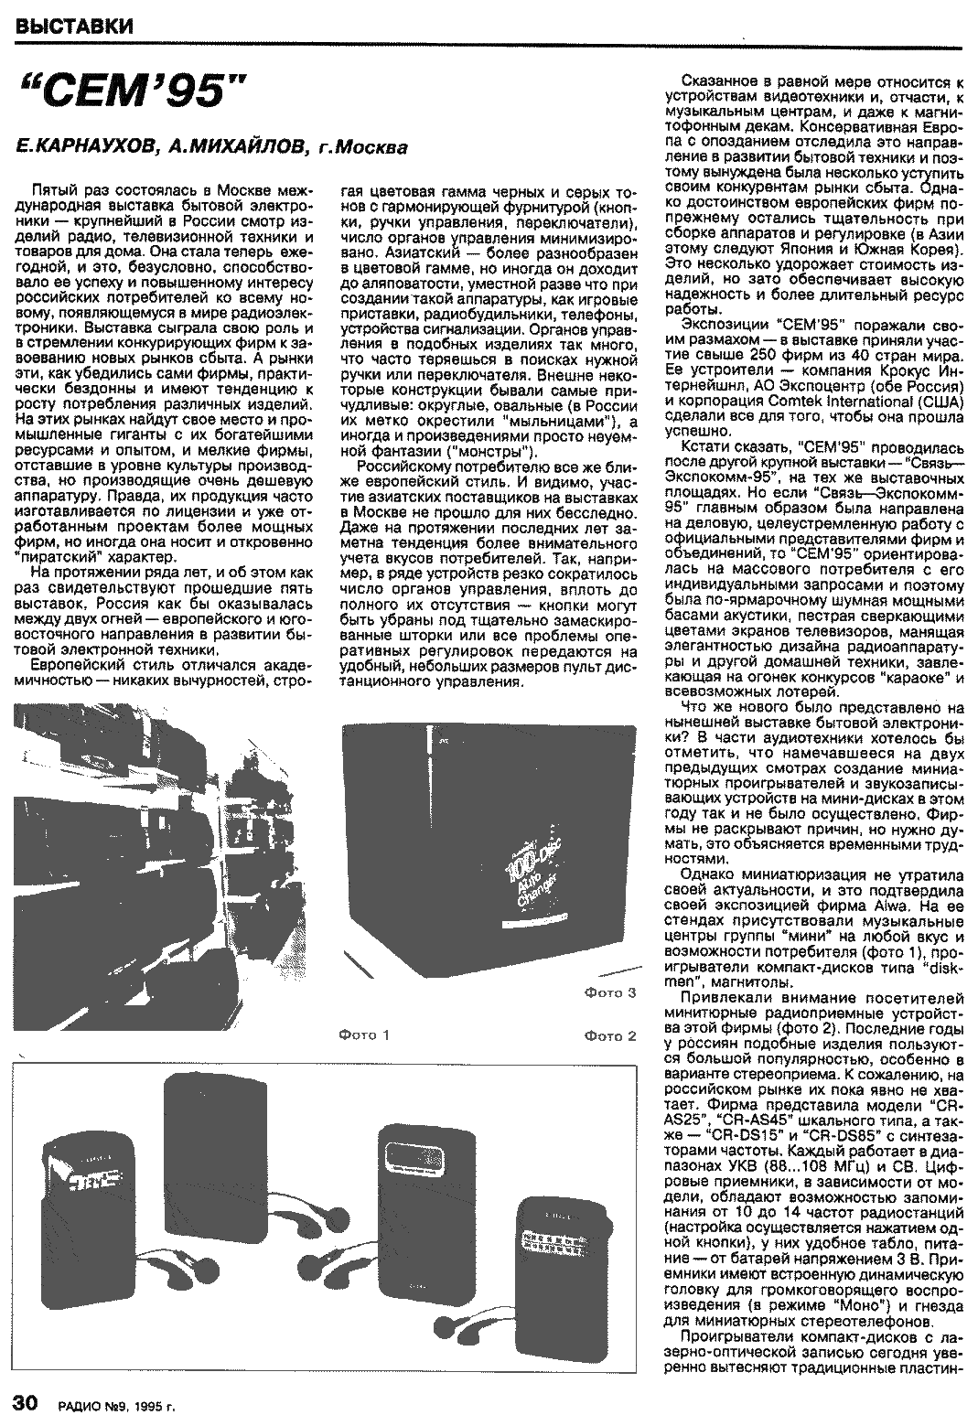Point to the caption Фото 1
pyautogui.click(x=364, y=1035)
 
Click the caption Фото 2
pyautogui.click(x=609, y=1035)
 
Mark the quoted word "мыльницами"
pyautogui.click(x=549, y=422)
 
